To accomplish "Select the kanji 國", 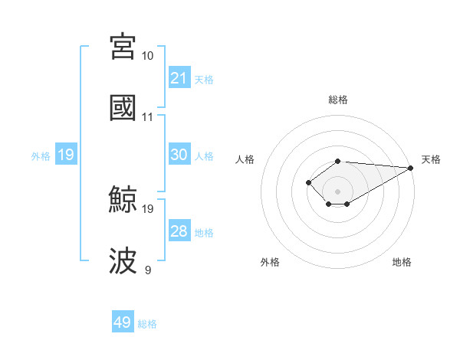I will pyautogui.click(x=123, y=108).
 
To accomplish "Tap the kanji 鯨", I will pyautogui.click(x=123, y=201).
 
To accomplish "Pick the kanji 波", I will pyautogui.click(x=123, y=261).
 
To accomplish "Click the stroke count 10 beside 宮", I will pyautogui.click(x=147, y=56).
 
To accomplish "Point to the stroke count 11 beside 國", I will pyautogui.click(x=147, y=117).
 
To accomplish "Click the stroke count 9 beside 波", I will pyautogui.click(x=147, y=270).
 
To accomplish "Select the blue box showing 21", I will pyautogui.click(x=179, y=78).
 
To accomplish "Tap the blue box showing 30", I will pyautogui.click(x=179, y=155).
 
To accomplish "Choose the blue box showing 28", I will pyautogui.click(x=179, y=231).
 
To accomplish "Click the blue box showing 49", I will pyautogui.click(x=123, y=322).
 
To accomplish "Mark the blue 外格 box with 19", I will pyautogui.click(x=65, y=155).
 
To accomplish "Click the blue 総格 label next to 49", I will pyautogui.click(x=147, y=324).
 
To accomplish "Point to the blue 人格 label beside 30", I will pyautogui.click(x=204, y=155).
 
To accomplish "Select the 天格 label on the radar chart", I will pyautogui.click(x=431, y=159).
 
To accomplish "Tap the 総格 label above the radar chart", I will pyautogui.click(x=337, y=100).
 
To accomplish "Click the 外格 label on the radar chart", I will pyautogui.click(x=270, y=262).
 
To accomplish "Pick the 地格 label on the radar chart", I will pyautogui.click(x=402, y=262).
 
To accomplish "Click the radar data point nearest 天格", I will pyautogui.click(x=412, y=168).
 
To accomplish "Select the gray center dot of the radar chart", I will pyautogui.click(x=337, y=191).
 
